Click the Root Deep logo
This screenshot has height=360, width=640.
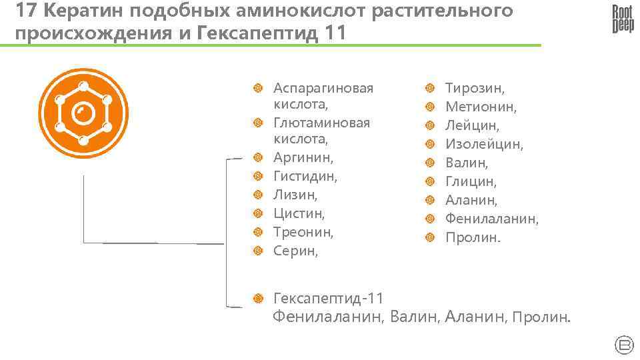[623, 19]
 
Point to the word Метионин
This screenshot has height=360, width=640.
[481, 107]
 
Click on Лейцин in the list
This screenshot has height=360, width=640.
[472, 125]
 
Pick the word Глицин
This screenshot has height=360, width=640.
[471, 181]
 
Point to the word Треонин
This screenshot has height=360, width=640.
[303, 233]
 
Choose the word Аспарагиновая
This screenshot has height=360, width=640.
[323, 88]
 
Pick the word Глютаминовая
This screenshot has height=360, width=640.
[321, 123]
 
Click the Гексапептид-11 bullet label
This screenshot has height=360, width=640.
[329, 298]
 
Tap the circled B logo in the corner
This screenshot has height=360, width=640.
[623, 344]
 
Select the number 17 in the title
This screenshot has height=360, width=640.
[25, 11]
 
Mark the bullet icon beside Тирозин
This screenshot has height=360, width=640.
[430, 88]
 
